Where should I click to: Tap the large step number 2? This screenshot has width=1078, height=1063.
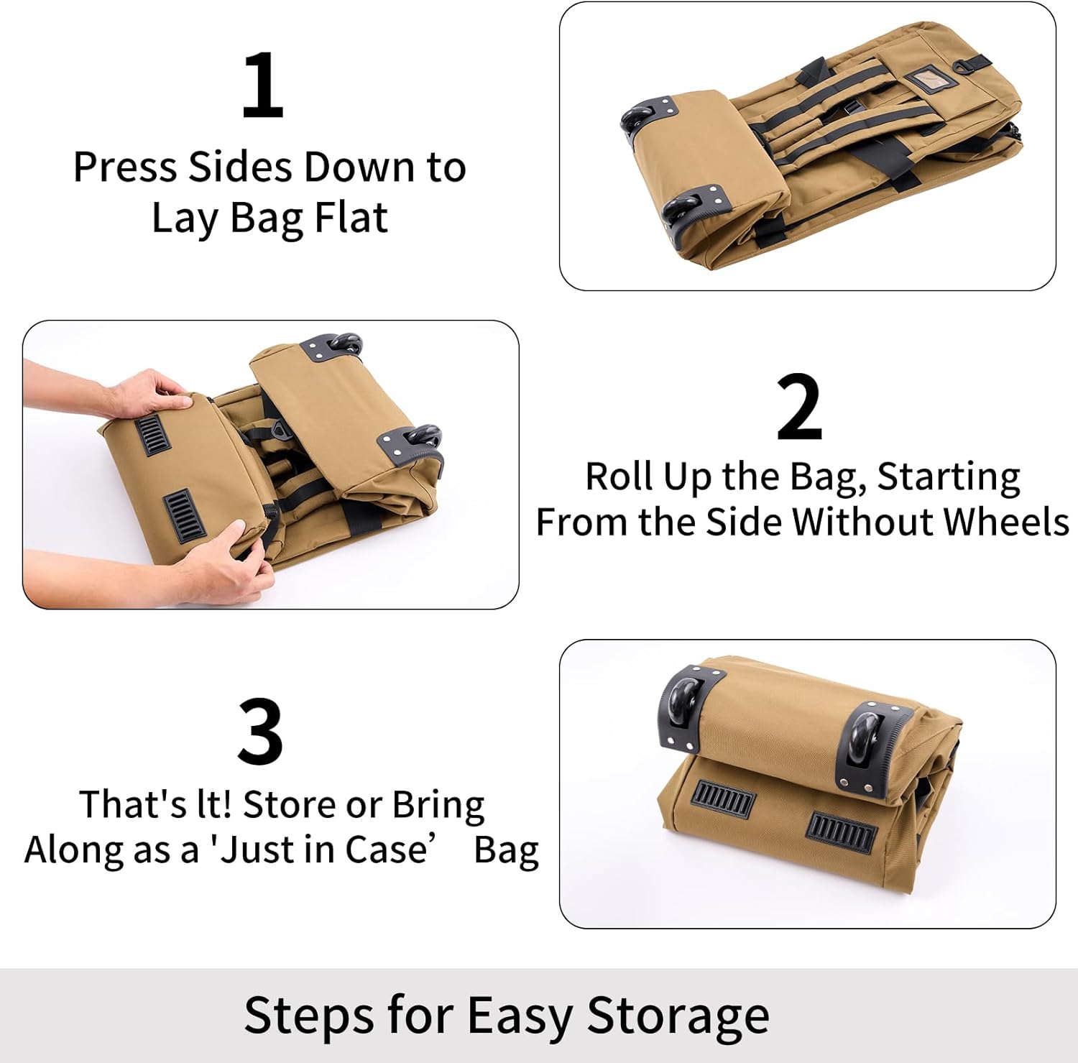(x=799, y=407)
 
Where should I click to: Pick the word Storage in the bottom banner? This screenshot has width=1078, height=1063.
(x=678, y=1016)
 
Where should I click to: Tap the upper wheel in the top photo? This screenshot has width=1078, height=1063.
(x=638, y=116)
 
